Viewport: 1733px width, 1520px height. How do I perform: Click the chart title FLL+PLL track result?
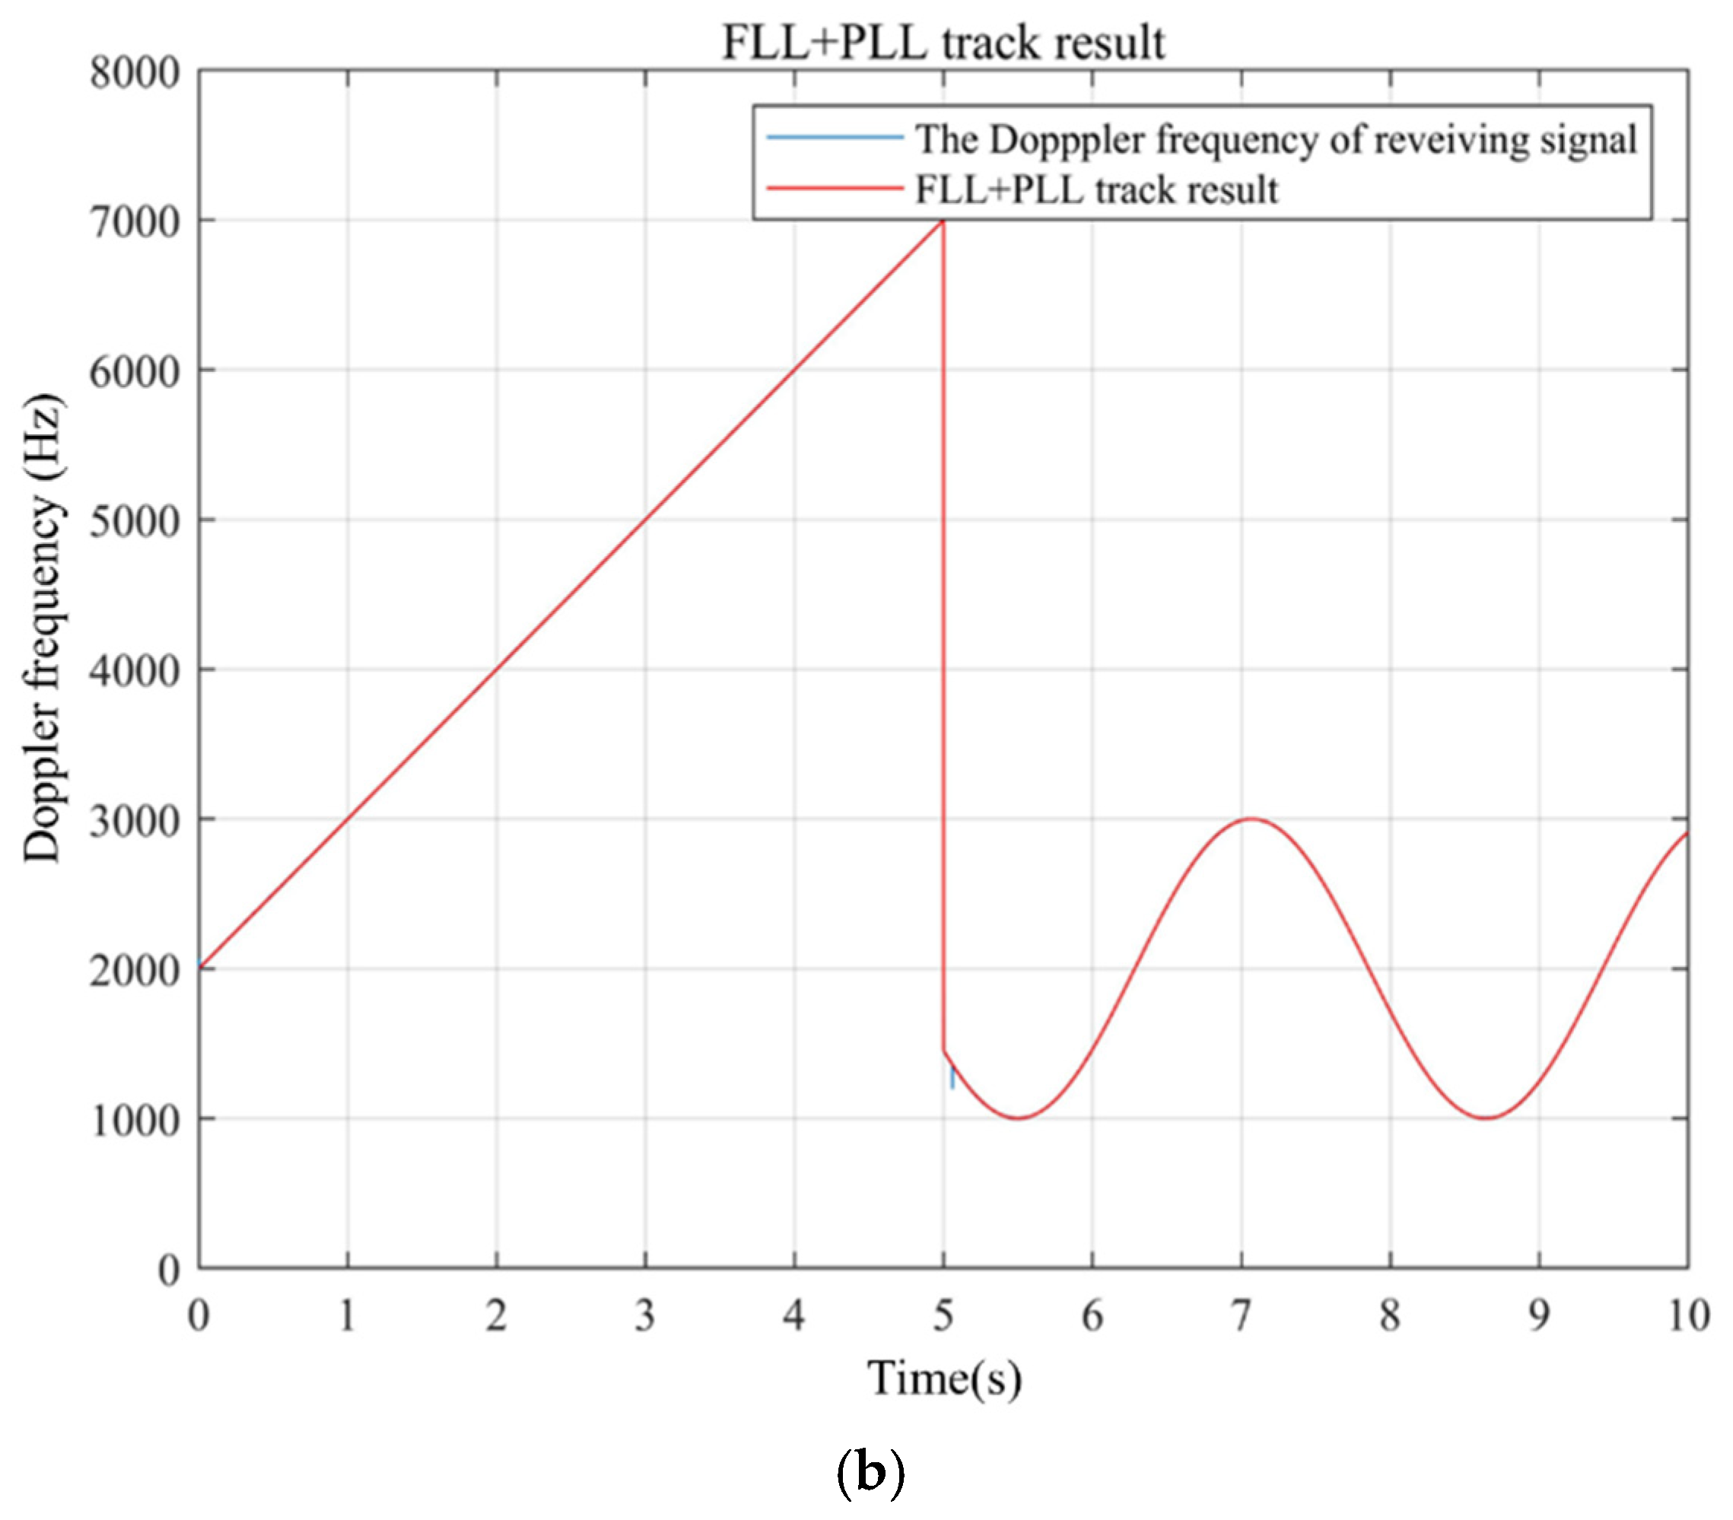tap(943, 43)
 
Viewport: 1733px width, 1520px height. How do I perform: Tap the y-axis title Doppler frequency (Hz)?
tap(43, 628)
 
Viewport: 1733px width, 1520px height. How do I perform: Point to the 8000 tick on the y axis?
tap(135, 73)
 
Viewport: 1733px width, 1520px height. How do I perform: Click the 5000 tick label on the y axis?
tap(135, 521)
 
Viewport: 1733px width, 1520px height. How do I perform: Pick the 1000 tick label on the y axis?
tap(135, 1121)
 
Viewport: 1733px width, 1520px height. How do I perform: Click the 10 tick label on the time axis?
tap(1687, 1315)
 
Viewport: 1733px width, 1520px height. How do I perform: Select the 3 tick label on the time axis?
tap(644, 1315)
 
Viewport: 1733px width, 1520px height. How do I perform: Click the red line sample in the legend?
tap(835, 188)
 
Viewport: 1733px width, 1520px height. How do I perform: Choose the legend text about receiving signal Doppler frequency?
tap(1275, 139)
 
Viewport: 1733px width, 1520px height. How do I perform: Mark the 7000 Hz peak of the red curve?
tap(942, 221)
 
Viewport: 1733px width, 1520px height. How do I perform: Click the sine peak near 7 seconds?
tap(1251, 819)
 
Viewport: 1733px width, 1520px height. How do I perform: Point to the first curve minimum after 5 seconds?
tap(1018, 1118)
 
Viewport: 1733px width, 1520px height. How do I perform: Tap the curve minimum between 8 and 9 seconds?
tap(1486, 1118)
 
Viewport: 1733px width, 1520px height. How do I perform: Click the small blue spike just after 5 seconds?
tap(952, 1078)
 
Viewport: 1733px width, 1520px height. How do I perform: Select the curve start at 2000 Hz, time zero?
tap(200, 967)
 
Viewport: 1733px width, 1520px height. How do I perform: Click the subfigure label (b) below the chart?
tap(870, 1473)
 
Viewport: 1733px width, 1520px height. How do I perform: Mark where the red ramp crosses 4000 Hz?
tap(497, 669)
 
